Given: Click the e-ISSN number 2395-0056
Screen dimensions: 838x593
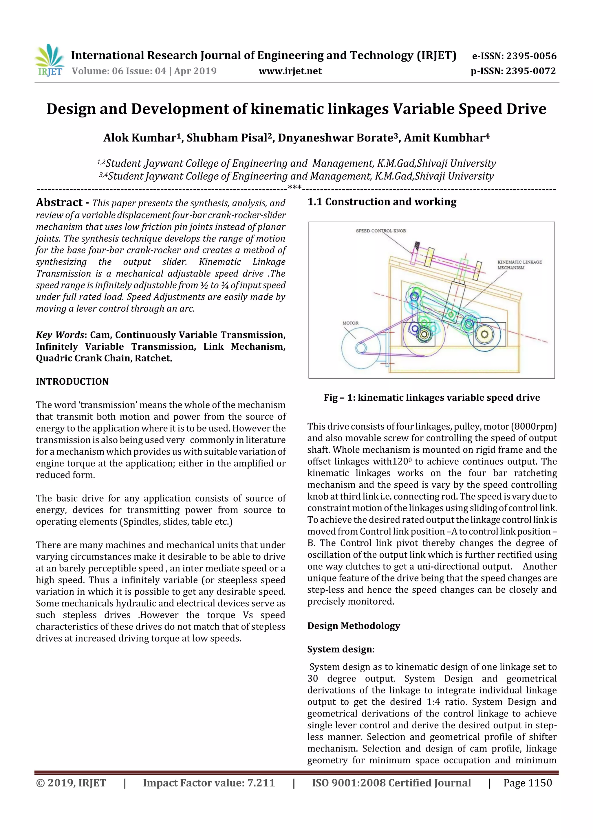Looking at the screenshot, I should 531,56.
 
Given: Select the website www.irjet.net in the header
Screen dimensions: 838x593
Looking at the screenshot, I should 290,71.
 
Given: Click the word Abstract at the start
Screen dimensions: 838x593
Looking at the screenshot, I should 59,202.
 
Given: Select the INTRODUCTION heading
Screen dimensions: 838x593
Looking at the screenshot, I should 72,382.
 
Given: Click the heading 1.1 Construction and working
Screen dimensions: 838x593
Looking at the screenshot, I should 382,202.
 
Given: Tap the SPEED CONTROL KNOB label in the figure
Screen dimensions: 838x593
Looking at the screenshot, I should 381,231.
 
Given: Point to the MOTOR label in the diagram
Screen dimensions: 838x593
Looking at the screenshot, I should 350,323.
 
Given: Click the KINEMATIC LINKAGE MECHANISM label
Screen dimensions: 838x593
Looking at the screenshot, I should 519,265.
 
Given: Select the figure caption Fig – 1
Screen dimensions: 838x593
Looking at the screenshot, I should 431,397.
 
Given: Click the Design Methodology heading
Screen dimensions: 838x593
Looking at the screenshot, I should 353,626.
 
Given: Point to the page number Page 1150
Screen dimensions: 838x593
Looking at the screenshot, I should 527,783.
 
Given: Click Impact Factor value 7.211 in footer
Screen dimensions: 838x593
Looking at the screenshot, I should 209,783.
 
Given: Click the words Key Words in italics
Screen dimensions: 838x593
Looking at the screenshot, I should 60,335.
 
